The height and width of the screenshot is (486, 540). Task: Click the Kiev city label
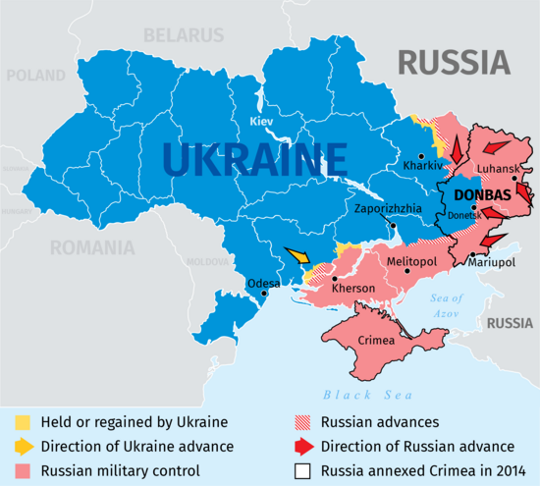pyautogui.click(x=261, y=121)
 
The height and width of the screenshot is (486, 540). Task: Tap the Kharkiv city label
pyautogui.click(x=417, y=166)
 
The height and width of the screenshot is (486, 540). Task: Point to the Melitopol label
pyautogui.click(x=410, y=262)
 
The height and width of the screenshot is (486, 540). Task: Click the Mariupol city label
pyautogui.click(x=493, y=263)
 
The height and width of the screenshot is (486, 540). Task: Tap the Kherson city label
pyautogui.click(x=353, y=289)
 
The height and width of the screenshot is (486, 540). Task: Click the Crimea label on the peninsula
pyautogui.click(x=376, y=340)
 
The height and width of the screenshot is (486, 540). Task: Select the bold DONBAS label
pyautogui.click(x=482, y=195)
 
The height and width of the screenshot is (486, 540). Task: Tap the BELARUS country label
pyautogui.click(x=184, y=35)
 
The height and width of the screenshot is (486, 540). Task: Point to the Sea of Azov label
pyautogui.click(x=447, y=304)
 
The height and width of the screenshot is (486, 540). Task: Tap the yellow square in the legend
pyautogui.click(x=23, y=422)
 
